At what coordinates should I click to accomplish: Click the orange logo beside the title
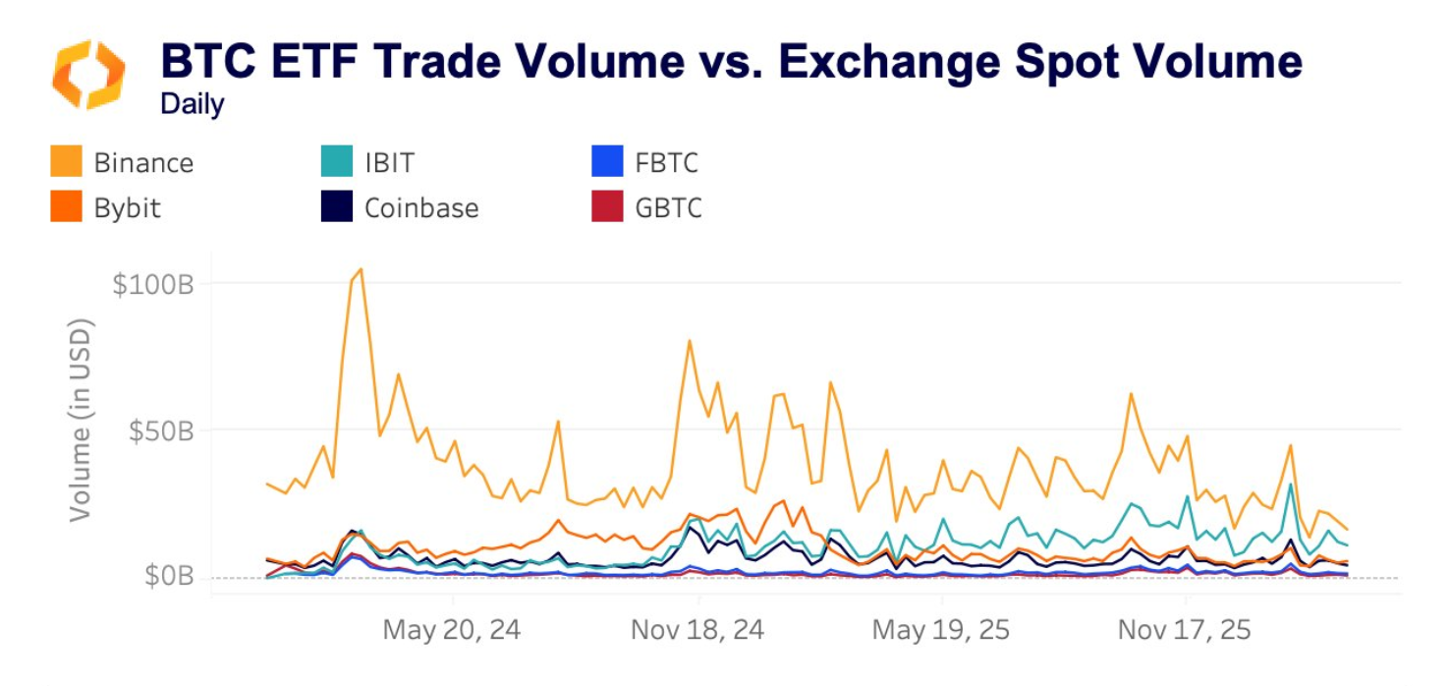[88, 75]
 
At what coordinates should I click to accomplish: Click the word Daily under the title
[193, 104]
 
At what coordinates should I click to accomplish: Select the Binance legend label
[143, 162]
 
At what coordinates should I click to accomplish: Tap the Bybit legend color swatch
[66, 207]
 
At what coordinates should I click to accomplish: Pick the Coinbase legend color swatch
[337, 207]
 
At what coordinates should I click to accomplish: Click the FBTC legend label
[666, 162]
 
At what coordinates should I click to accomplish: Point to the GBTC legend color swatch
[607, 207]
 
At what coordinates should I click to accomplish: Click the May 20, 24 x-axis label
[452, 629]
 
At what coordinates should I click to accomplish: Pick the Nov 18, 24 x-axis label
[697, 629]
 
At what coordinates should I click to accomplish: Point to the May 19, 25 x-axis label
[941, 629]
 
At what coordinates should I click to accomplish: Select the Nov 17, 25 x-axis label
[1185, 629]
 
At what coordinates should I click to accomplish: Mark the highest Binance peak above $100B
[361, 268]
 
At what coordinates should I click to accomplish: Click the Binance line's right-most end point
[1347, 530]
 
